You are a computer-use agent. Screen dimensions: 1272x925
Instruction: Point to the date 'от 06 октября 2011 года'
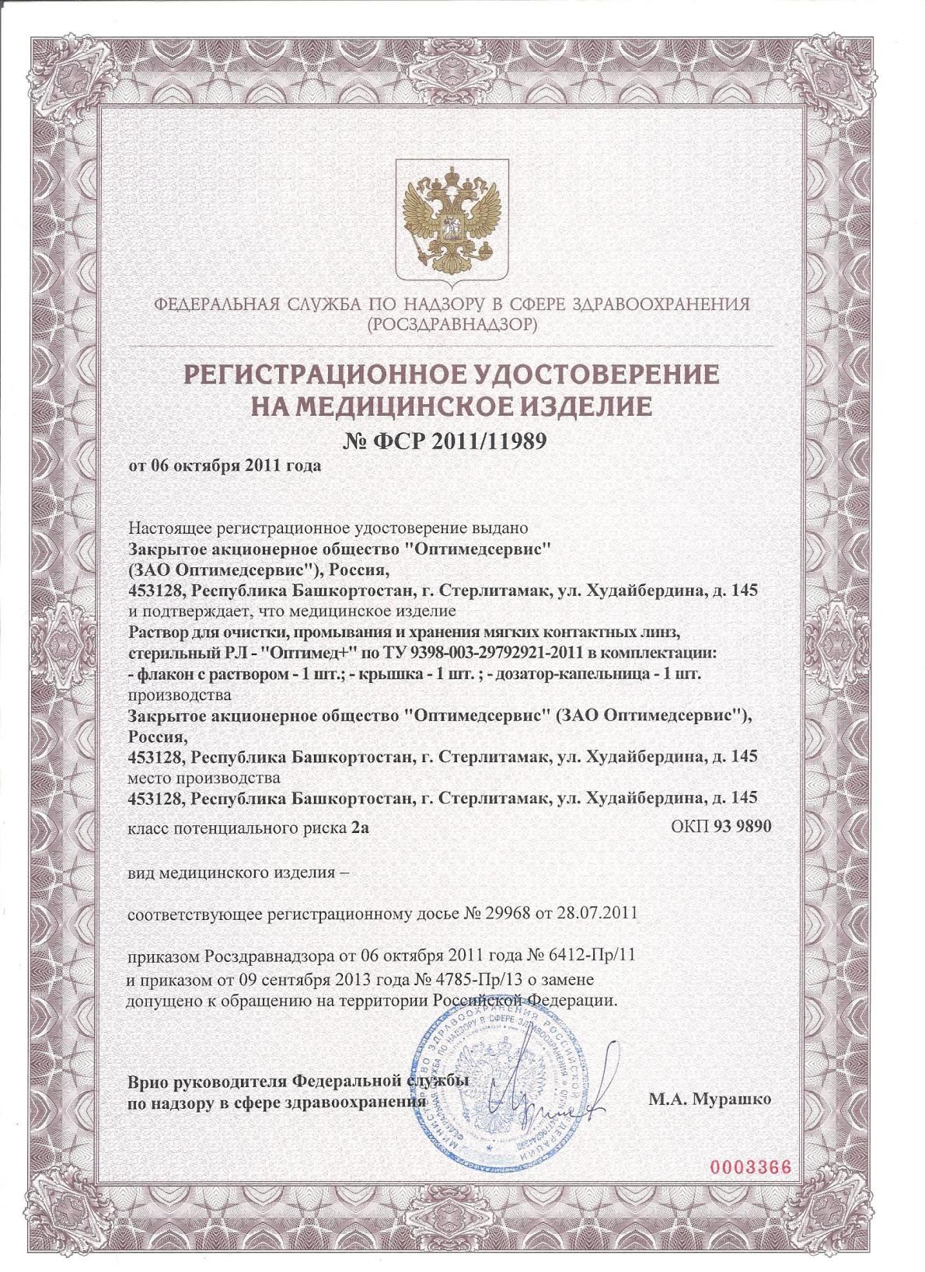[223, 467]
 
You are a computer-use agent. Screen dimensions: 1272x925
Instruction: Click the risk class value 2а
[360, 828]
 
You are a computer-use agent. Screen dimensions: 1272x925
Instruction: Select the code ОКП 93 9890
[721, 828]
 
